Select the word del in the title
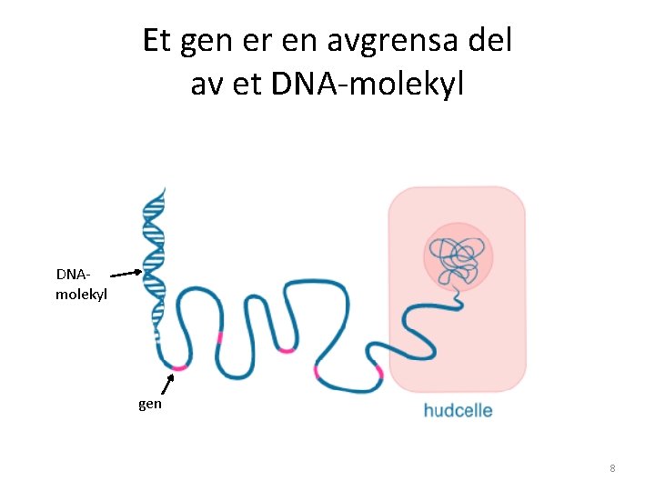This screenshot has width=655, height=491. click(x=491, y=41)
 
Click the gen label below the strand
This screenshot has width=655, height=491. click(x=150, y=404)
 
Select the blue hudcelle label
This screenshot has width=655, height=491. click(x=458, y=410)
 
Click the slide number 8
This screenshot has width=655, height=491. click(x=612, y=468)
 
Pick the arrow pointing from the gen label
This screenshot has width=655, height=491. click(x=166, y=384)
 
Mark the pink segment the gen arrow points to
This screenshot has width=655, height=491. click(x=179, y=367)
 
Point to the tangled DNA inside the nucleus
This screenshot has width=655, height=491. click(x=457, y=259)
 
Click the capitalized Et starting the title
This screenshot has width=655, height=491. click(x=157, y=41)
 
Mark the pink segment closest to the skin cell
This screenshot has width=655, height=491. click(x=317, y=372)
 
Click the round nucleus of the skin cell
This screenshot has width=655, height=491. click(x=457, y=254)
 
